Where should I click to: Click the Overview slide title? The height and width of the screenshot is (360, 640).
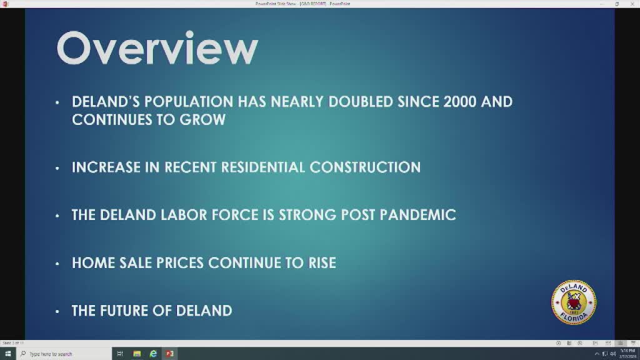pos(157,49)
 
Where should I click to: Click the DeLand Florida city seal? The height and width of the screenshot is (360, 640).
pos(573,302)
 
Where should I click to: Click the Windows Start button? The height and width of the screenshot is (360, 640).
pos(7,354)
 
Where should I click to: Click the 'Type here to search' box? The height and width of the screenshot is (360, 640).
pos(62,354)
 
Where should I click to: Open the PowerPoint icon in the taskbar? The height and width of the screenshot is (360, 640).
pos(169,354)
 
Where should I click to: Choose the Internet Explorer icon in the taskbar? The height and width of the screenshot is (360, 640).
pos(153,354)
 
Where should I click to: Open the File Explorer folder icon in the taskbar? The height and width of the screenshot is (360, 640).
pos(137,354)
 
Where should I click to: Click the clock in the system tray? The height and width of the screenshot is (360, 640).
pos(627,354)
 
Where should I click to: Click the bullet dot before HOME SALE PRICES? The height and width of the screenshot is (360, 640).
pos(57,263)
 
